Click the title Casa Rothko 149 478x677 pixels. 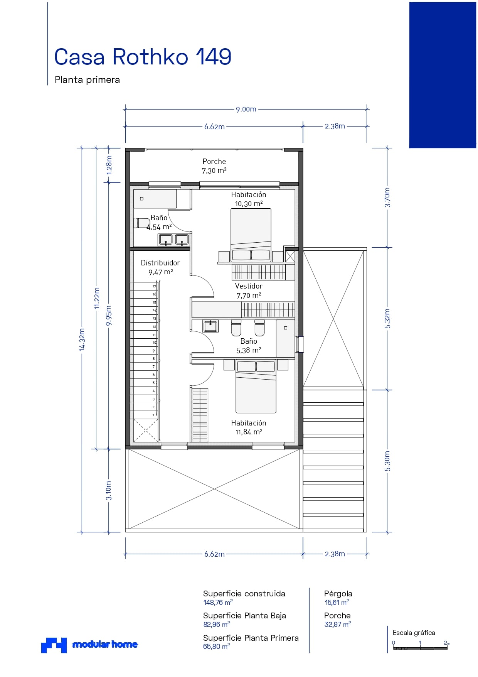click(143, 57)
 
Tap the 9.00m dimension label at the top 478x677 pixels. click(246, 109)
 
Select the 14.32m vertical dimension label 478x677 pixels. click(82, 339)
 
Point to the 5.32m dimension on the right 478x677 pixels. click(387, 319)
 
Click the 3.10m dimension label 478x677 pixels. click(109, 491)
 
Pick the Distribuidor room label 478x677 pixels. click(160, 263)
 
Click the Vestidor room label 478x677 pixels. click(249, 286)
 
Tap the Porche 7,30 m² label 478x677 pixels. click(214, 166)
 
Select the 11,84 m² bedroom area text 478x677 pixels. click(249, 432)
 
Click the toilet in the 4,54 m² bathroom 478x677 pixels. click(142, 223)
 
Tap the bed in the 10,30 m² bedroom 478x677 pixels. click(251, 235)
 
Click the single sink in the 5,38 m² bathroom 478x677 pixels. click(210, 326)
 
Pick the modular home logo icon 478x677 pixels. click(54, 645)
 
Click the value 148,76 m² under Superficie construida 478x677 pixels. click(218, 603)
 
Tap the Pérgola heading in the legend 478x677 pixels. click(338, 594)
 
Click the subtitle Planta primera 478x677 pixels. click(87, 80)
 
